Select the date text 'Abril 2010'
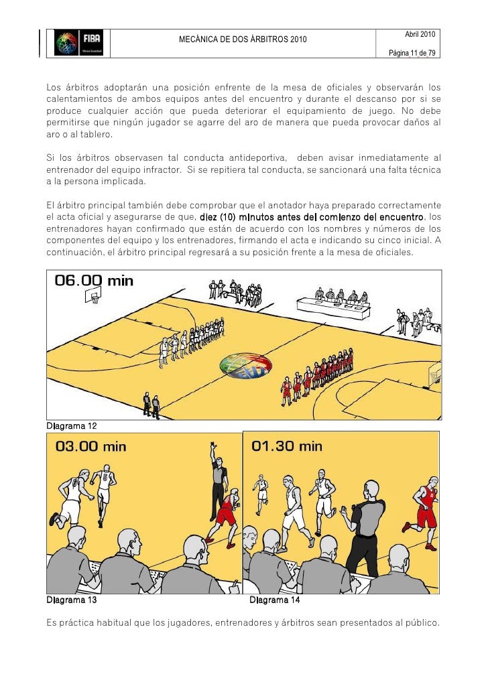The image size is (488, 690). tap(420, 34)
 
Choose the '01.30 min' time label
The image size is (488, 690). tap(286, 446)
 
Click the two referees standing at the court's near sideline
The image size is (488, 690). tap(151, 405)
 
